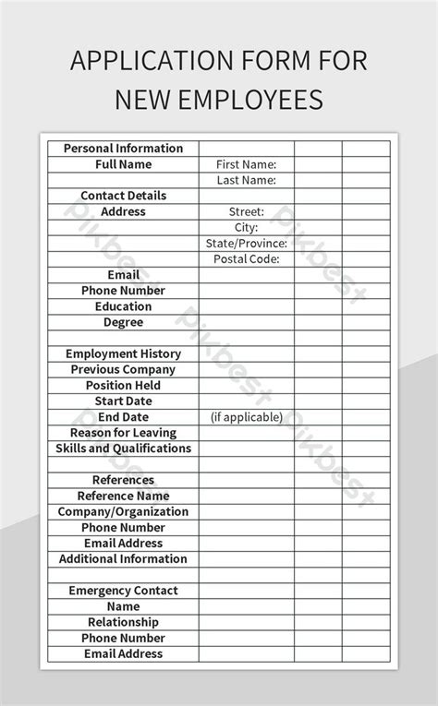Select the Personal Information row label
point(123,149)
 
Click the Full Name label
point(123,164)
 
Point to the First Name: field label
point(246,164)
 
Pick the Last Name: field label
point(246,180)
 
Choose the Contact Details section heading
point(123,196)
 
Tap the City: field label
point(246,227)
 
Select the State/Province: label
point(246,244)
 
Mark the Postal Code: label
point(246,259)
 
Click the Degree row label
point(123,322)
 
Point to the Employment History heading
point(123,353)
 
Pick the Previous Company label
point(123,369)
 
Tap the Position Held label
point(123,386)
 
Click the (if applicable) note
point(246,417)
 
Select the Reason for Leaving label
point(123,433)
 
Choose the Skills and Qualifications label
point(123,449)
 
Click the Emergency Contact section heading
point(123,591)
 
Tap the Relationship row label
point(123,622)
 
